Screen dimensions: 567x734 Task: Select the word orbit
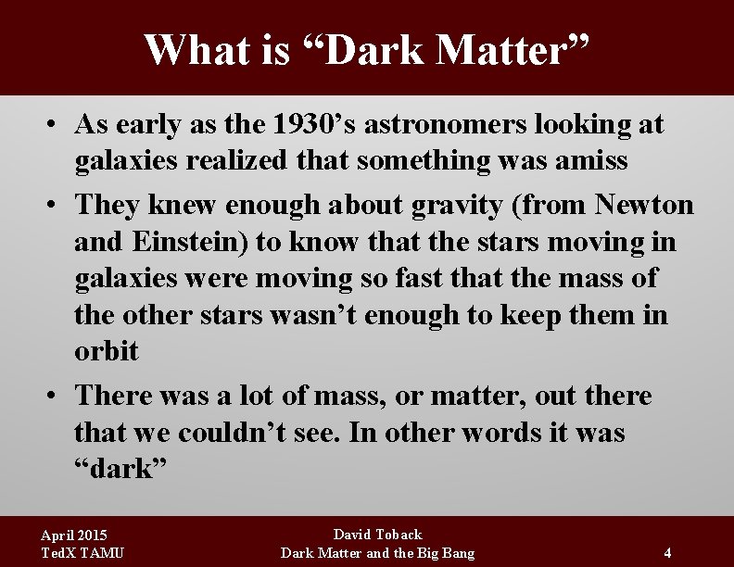pos(107,351)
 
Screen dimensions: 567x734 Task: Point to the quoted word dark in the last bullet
pos(120,469)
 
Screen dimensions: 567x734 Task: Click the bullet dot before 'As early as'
pos(57,124)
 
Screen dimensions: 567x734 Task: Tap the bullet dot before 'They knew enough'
pos(57,205)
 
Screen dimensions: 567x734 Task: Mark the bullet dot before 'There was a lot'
pos(57,397)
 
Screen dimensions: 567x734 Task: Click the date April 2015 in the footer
pos(74,535)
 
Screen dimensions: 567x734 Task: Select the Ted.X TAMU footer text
pos(82,553)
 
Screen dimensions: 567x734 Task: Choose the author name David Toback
pos(377,535)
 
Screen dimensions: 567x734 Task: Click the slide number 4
pos(667,553)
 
